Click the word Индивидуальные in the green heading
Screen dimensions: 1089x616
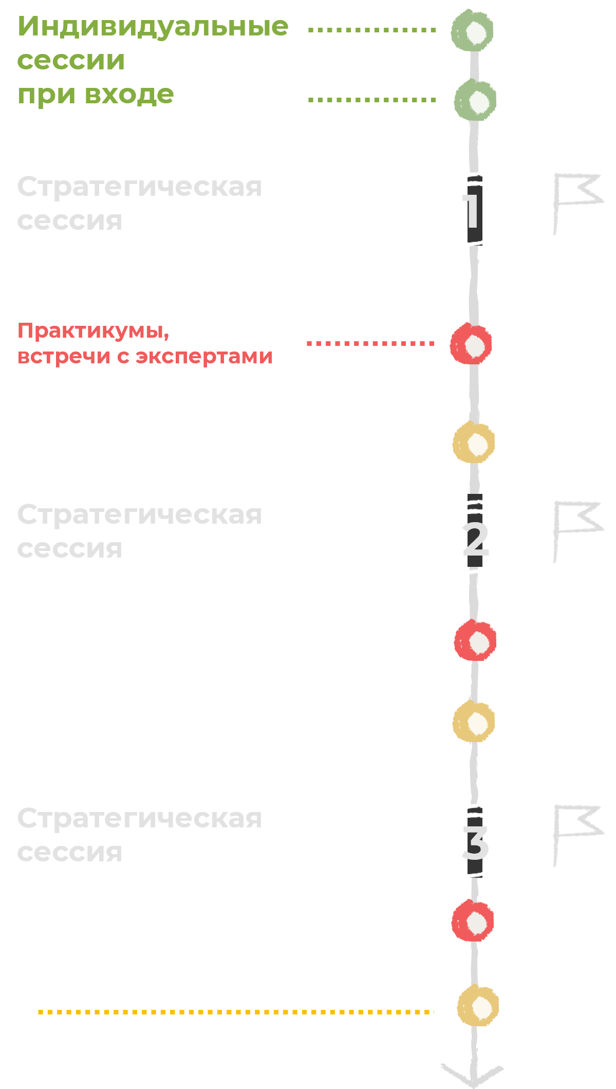[153, 27]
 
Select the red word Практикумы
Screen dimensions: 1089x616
[93, 330]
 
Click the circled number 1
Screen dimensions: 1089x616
[473, 209]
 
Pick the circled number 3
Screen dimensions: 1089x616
[475, 842]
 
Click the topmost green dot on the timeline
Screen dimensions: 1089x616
[473, 31]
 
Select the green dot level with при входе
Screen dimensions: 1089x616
[475, 100]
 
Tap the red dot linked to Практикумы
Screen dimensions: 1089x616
[471, 344]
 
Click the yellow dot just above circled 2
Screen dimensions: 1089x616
[474, 442]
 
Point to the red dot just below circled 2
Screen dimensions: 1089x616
[475, 640]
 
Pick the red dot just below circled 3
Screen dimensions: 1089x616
[473, 920]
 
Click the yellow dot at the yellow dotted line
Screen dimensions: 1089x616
[478, 1006]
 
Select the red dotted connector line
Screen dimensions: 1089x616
[370, 343]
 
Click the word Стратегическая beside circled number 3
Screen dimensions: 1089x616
[139, 819]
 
